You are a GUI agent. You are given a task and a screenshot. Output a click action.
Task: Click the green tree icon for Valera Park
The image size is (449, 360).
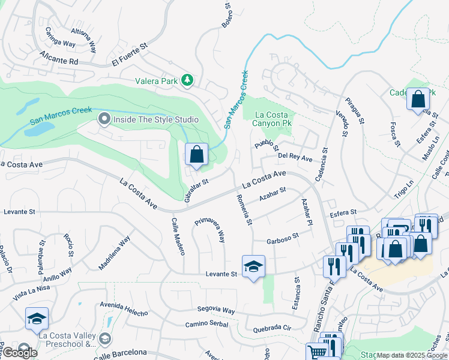click(187, 79)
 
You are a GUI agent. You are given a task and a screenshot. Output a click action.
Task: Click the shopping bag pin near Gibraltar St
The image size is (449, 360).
click(196, 155)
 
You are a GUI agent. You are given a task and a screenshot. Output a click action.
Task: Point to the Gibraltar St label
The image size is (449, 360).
click(196, 190)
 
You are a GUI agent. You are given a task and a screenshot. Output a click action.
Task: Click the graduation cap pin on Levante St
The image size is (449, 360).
click(253, 266)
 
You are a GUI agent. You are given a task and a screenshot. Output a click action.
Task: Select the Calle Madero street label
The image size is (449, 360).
click(178, 236)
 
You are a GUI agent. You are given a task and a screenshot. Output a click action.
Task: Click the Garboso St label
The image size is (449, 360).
click(283, 238)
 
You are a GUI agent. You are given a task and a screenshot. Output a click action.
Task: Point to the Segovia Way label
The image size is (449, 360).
click(217, 310)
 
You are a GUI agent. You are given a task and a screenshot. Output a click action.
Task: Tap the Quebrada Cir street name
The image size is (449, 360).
click(272, 328)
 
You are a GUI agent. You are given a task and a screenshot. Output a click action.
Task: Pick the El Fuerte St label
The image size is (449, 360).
click(130, 55)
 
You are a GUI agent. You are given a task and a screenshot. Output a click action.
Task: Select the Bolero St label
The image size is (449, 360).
click(228, 18)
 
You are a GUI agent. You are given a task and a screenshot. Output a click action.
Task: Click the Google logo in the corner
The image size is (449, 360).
click(19, 353)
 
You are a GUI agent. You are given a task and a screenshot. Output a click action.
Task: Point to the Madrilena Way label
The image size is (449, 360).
click(115, 252)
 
